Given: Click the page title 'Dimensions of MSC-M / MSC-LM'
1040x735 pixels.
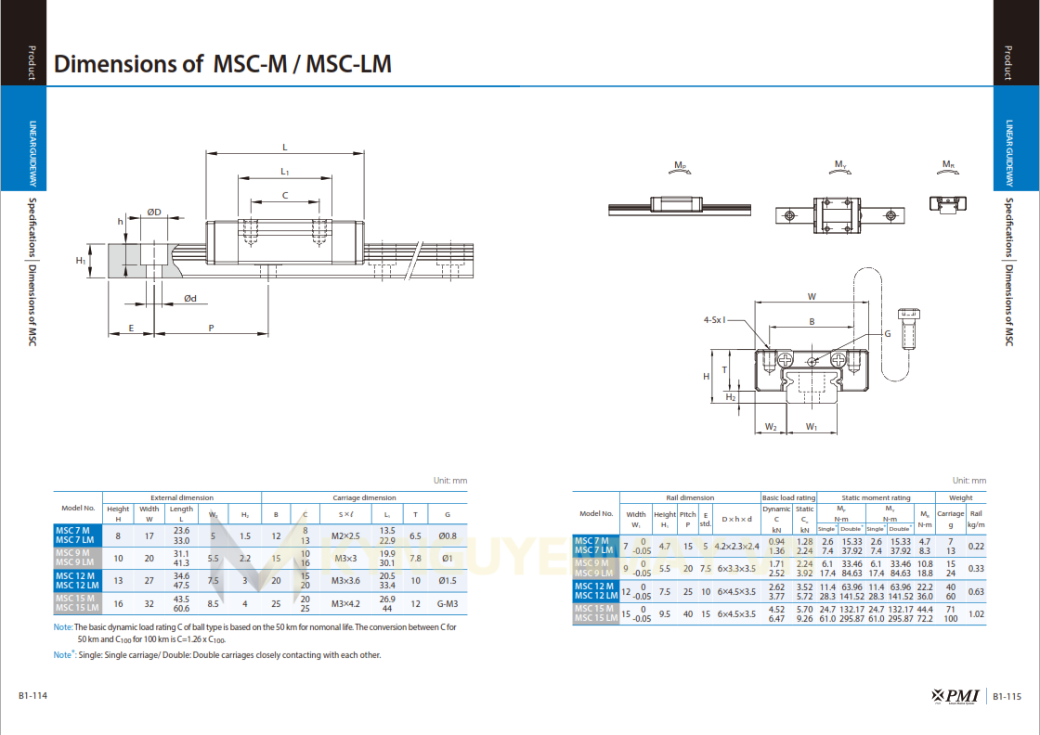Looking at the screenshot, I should tap(223, 64).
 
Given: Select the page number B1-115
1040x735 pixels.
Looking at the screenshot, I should tap(1007, 696).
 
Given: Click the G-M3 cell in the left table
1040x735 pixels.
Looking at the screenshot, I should tap(447, 603).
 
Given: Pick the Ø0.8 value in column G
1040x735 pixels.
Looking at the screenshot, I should tap(447, 535).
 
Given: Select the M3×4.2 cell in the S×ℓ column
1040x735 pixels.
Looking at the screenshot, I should tap(345, 603).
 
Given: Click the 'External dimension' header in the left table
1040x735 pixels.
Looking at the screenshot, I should tap(181, 497).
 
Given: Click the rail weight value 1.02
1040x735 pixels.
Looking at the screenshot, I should tap(976, 613).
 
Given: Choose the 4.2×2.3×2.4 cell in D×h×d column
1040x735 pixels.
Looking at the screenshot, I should tap(736, 546).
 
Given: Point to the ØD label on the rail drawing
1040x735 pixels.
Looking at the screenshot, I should tap(154, 213).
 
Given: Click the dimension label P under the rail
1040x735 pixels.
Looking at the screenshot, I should tap(212, 328).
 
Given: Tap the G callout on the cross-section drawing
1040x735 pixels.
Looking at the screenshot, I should tap(887, 333).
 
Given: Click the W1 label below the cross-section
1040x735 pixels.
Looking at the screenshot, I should tap(812, 427).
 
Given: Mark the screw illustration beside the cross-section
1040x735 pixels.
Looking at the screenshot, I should tap(910, 329).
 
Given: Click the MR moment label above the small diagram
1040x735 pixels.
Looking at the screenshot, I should tap(948, 165).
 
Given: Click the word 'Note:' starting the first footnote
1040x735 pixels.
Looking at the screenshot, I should tap(63, 627).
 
